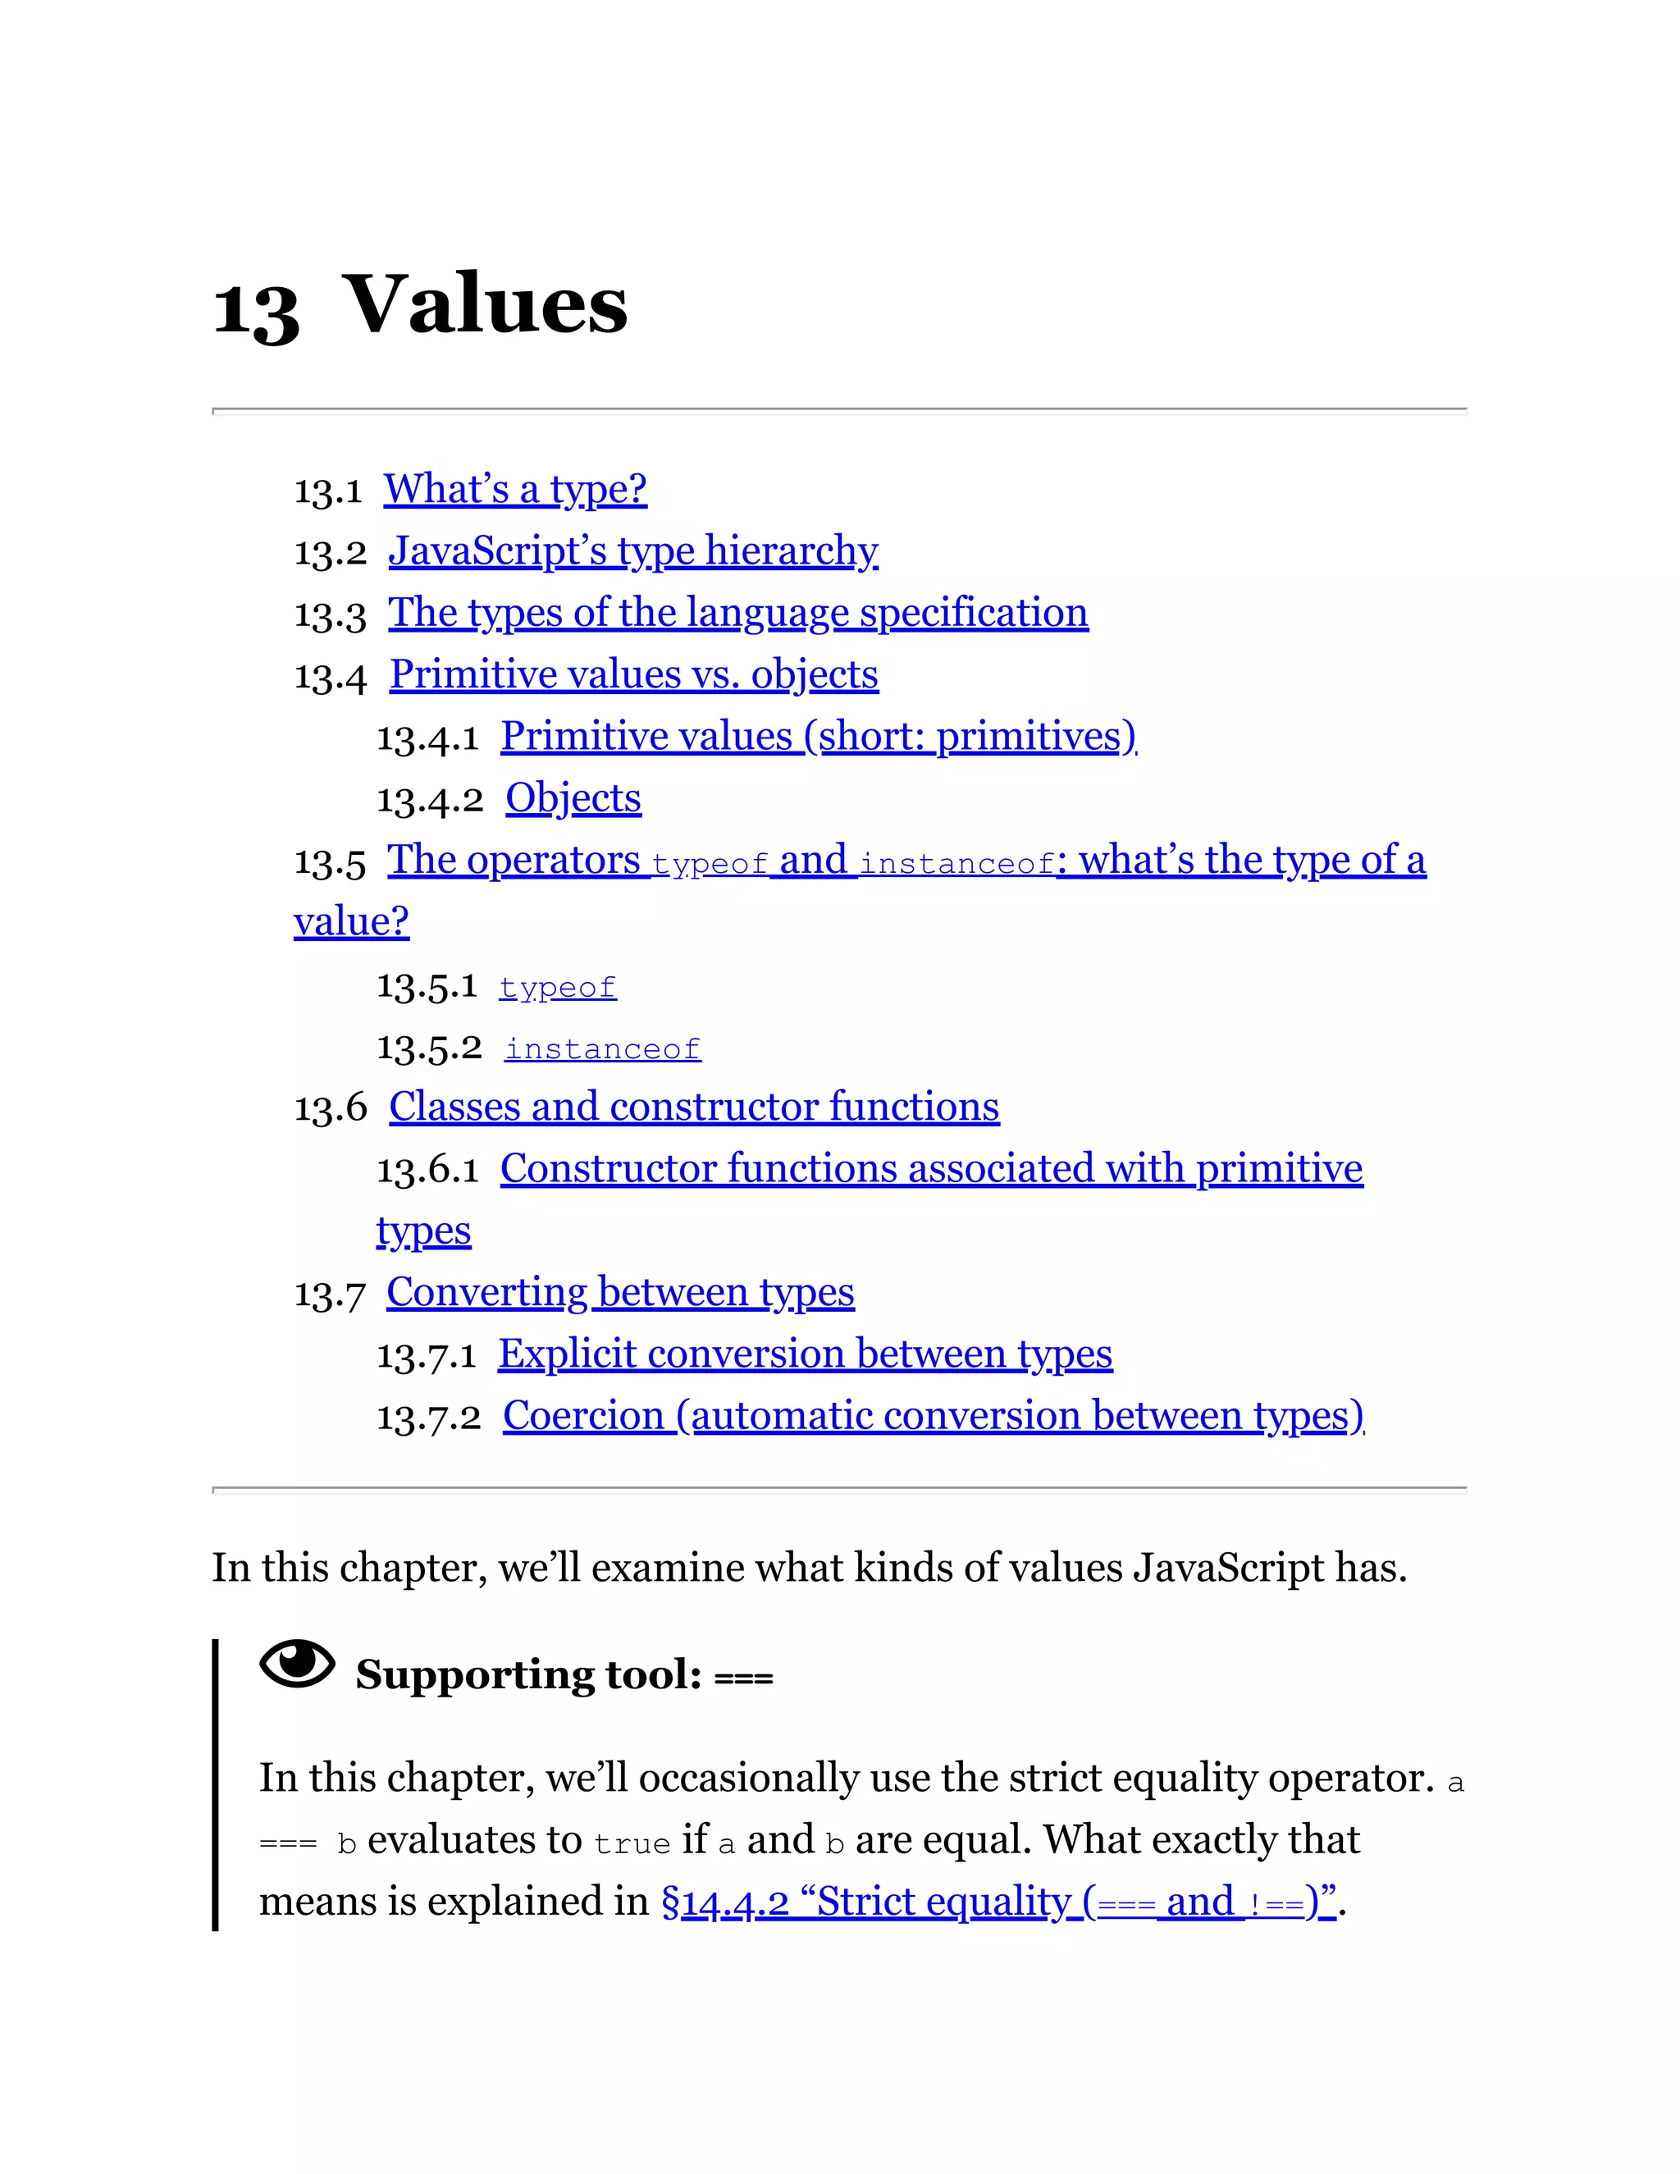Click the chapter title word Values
pos(485,304)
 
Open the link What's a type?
pos(515,490)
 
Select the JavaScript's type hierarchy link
pos(633,551)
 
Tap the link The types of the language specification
pos(737,613)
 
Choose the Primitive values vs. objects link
pos(633,675)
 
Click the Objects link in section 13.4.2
pos(573,798)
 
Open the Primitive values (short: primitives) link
pos(818,737)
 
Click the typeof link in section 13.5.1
pos(557,988)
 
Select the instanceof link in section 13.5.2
pos(602,1049)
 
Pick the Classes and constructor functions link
pos(694,1107)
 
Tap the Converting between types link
pos(620,1292)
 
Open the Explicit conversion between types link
pos(806,1354)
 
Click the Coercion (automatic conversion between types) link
pos(933,1415)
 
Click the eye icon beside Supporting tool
pos(297,1664)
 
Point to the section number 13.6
pos(331,1108)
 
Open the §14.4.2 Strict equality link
pos(998,1902)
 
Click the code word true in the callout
pos(632,1844)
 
